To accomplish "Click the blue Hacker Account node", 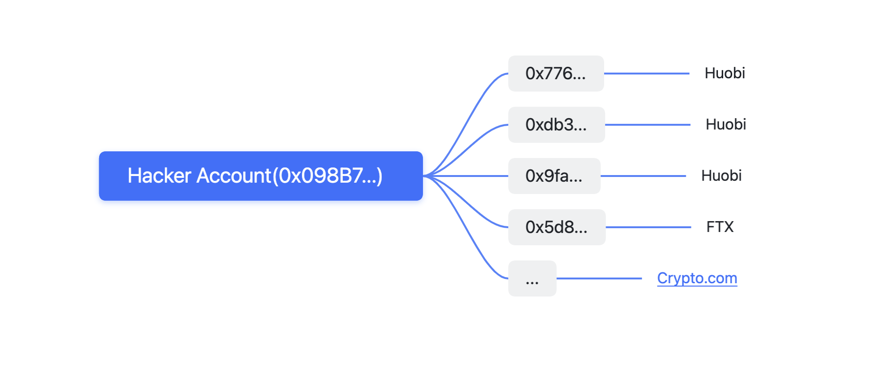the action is coord(261,176).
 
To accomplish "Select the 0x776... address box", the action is coord(556,74).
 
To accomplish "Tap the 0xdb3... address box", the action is coord(556,125).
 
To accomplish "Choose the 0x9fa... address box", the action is coord(554,176).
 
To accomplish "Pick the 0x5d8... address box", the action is coord(557,227).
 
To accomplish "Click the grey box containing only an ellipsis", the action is coord(532,278).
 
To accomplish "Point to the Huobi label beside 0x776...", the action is coord(725,73).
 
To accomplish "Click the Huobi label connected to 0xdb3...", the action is coord(726,124).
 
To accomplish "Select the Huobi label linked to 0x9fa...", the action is coord(721,176).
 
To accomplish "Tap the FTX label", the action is coord(720,227).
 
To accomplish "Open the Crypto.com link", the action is coord(697,278).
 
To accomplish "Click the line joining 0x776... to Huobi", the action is coord(647,74).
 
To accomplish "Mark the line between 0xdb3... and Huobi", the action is coord(648,125).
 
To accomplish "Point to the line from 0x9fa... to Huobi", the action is coord(643,176).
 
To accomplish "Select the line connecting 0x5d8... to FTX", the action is coord(649,227).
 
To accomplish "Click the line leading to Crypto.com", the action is coord(599,278).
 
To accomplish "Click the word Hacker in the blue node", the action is coord(159,176).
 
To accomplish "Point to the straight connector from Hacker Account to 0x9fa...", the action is coord(466,176).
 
